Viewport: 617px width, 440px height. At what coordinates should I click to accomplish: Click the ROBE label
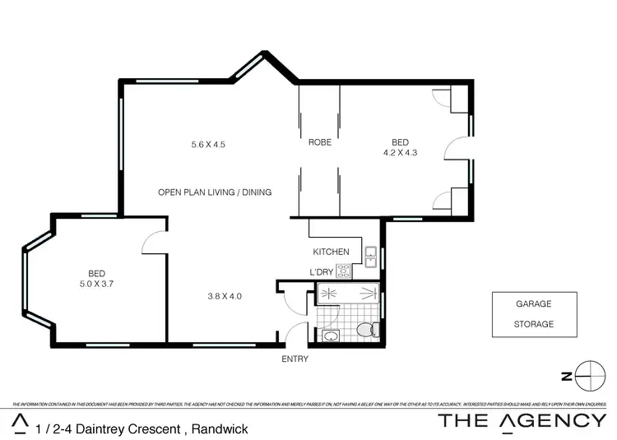pyautogui.click(x=320, y=142)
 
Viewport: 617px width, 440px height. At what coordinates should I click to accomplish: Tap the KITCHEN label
pyautogui.click(x=331, y=252)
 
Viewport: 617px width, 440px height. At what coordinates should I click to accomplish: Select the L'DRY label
pyautogui.click(x=321, y=272)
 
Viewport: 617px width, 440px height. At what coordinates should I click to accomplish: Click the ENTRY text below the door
pyautogui.click(x=295, y=359)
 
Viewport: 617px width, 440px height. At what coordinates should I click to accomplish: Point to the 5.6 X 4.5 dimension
pyautogui.click(x=208, y=145)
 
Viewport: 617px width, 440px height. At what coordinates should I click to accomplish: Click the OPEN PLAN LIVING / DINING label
pyautogui.click(x=215, y=192)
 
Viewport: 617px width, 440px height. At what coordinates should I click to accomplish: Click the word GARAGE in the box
pyautogui.click(x=534, y=303)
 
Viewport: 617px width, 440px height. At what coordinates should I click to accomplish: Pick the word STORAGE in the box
pyautogui.click(x=534, y=324)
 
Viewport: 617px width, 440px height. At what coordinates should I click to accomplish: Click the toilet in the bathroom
pyautogui.click(x=367, y=330)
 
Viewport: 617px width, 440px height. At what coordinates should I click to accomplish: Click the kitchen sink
pyautogui.click(x=370, y=253)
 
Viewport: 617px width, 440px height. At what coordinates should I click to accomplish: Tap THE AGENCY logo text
pyautogui.click(x=522, y=422)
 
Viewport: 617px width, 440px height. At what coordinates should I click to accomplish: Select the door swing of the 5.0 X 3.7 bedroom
pyautogui.click(x=152, y=241)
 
